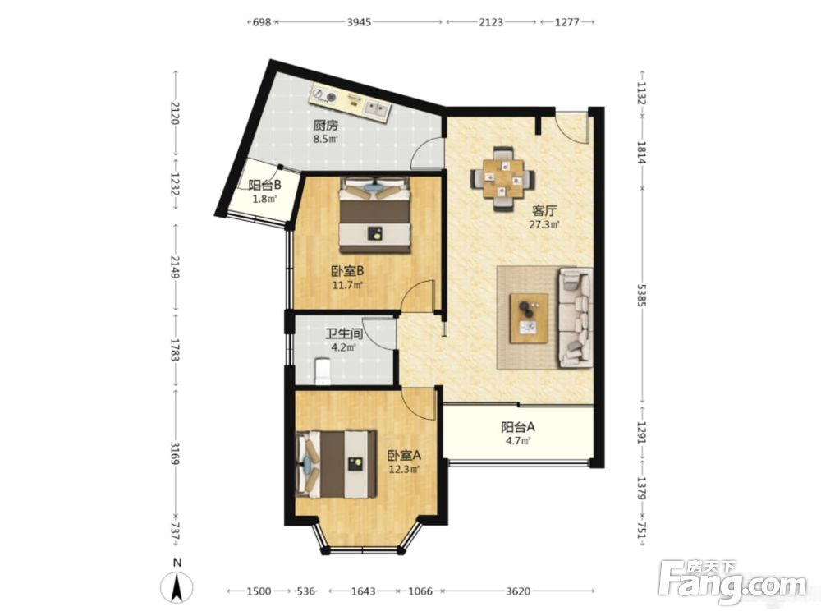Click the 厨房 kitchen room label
click(325, 125)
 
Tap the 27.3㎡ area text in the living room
click(544, 225)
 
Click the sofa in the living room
click(576, 317)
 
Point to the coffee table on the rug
click(530, 319)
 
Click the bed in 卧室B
click(375, 214)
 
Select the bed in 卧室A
click(337, 464)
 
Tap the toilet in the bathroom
click(323, 371)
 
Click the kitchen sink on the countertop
click(377, 109)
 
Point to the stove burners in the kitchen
click(325, 95)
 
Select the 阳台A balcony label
click(518, 427)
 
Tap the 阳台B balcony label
click(265, 185)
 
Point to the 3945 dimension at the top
click(360, 22)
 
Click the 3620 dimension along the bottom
click(518, 591)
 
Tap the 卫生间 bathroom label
click(344, 333)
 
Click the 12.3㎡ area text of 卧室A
click(404, 470)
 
